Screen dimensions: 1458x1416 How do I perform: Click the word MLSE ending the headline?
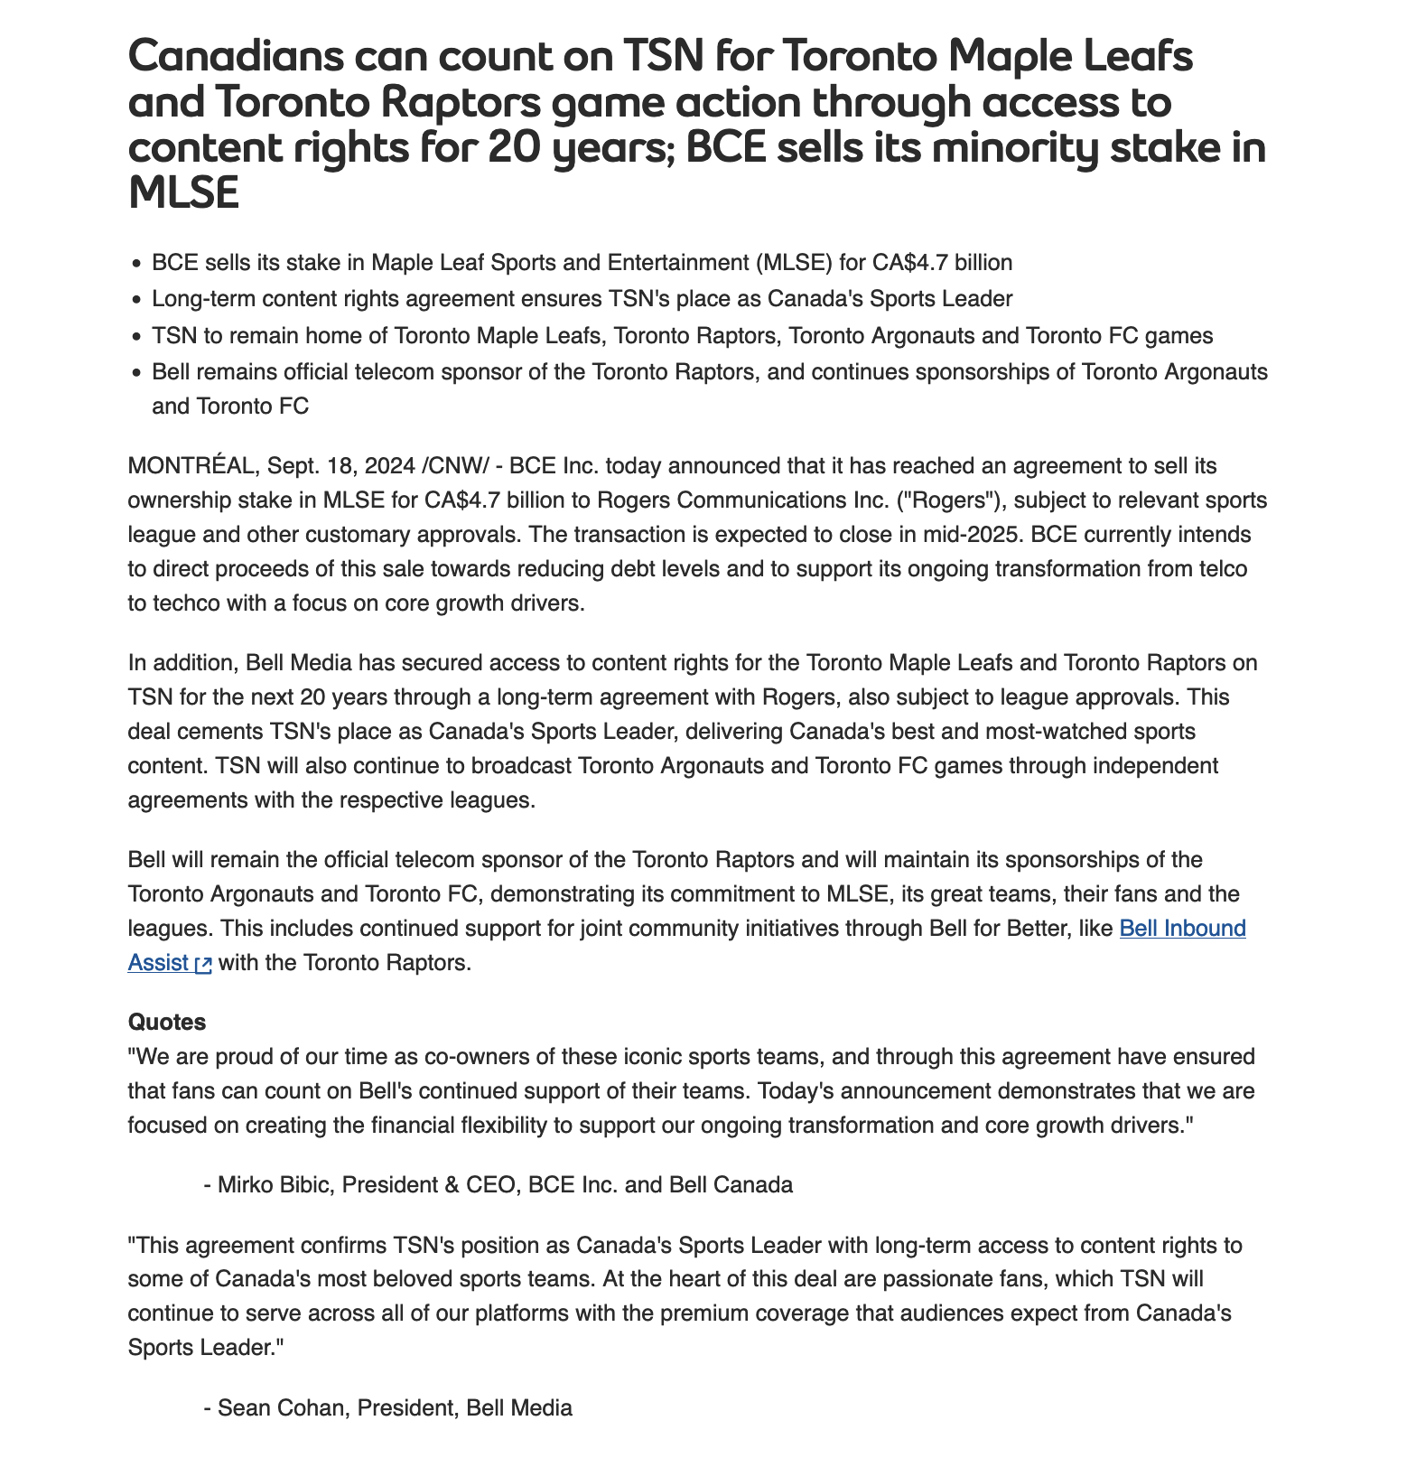(x=184, y=192)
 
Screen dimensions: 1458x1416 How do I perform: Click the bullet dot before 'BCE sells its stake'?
(x=136, y=264)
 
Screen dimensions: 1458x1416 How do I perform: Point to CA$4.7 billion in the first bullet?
(x=943, y=263)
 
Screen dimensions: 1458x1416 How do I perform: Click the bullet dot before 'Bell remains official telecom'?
(x=136, y=373)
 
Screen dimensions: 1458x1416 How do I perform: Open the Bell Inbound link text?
(x=1182, y=929)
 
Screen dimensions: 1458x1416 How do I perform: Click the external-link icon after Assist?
(x=204, y=965)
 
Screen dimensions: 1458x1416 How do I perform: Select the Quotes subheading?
(x=167, y=1023)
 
